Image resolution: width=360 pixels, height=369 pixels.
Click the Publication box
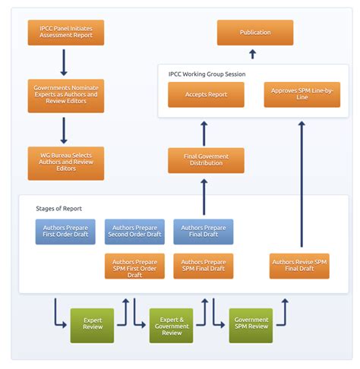click(254, 33)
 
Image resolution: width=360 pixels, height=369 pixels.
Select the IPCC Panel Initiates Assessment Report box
click(65, 33)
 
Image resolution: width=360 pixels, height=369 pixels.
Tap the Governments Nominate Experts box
click(65, 96)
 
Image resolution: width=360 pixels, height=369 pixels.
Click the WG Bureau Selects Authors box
click(65, 163)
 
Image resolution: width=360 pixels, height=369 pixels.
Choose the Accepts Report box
click(206, 95)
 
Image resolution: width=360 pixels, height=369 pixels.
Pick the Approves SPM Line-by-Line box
click(302, 95)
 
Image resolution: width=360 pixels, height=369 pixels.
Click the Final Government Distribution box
click(206, 159)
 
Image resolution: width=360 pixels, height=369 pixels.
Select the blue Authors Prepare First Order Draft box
click(65, 232)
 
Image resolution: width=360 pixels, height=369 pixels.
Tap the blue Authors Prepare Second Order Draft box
click(134, 232)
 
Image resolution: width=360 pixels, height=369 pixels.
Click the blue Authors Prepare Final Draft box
click(203, 232)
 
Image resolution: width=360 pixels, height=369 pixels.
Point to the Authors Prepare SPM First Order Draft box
click(134, 266)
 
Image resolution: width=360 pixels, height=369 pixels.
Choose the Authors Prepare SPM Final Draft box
click(203, 266)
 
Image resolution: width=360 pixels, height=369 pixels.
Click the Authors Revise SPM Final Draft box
click(299, 266)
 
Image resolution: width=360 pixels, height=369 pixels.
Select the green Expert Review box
click(92, 325)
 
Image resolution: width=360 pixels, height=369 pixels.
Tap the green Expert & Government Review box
click(171, 325)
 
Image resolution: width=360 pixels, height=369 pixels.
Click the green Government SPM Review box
click(251, 325)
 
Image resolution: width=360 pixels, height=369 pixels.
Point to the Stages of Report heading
click(58, 208)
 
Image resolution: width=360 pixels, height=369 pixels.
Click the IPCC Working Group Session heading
click(207, 74)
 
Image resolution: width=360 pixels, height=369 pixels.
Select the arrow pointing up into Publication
click(253, 54)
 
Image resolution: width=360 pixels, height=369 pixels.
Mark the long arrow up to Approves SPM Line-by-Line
click(302, 182)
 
